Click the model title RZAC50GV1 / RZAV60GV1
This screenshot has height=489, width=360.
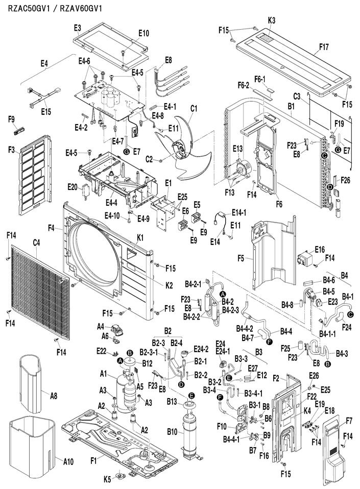(x=55, y=8)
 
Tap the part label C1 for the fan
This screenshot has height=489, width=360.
(x=194, y=108)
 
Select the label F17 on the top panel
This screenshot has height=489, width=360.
(x=324, y=47)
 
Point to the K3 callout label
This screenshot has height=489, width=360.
(x=271, y=20)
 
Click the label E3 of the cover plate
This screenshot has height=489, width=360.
(x=78, y=28)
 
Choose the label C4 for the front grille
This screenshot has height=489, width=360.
(x=36, y=242)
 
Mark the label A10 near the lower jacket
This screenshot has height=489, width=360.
(x=68, y=461)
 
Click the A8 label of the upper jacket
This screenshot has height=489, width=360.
(x=54, y=396)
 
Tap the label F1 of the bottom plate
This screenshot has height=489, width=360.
(x=93, y=460)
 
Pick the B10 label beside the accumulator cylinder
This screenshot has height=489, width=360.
(x=172, y=432)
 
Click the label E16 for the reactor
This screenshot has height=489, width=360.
(x=320, y=250)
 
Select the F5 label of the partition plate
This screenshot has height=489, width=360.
(x=241, y=258)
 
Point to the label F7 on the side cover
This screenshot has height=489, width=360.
(x=349, y=421)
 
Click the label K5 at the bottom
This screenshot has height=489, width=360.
(x=107, y=479)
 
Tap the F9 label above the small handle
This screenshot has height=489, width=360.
(x=12, y=119)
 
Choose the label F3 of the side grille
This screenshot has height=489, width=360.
(x=12, y=150)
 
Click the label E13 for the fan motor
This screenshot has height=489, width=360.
(x=238, y=149)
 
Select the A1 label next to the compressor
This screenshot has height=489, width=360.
(x=104, y=374)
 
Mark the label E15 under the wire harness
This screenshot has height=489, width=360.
(x=46, y=111)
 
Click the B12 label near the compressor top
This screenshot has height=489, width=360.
(x=148, y=363)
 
